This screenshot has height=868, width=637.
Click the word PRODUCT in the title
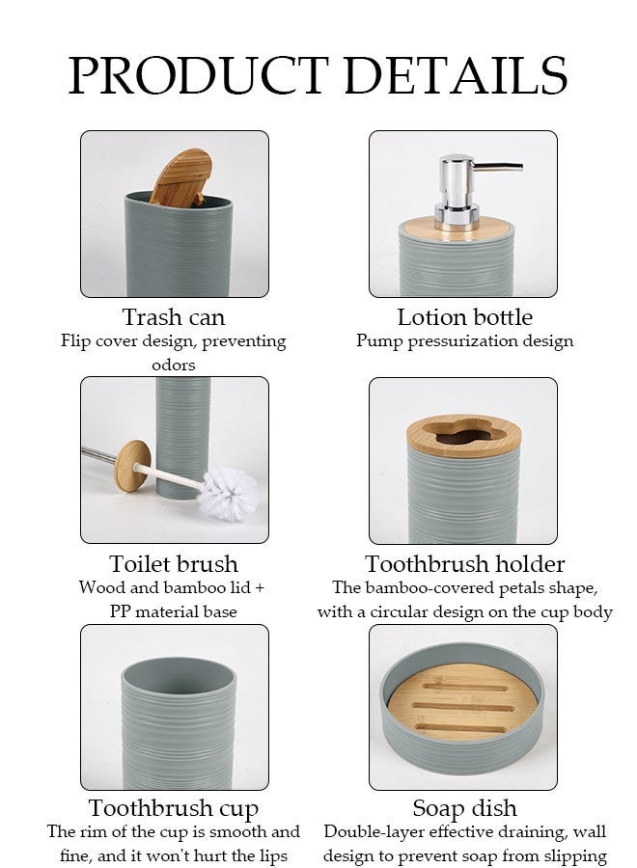[198, 75]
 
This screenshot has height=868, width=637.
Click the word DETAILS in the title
[456, 75]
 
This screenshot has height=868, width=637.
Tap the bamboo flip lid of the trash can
[180, 177]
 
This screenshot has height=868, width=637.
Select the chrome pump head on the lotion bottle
[471, 191]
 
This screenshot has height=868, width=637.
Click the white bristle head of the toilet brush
[228, 493]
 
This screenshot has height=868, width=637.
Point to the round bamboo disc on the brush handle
[133, 466]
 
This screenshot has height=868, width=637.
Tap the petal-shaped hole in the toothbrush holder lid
[463, 435]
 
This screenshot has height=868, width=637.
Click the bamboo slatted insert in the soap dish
[463, 701]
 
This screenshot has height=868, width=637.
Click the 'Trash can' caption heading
[174, 317]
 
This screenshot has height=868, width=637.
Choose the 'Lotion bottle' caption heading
[465, 317]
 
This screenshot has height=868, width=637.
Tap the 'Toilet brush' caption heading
[174, 564]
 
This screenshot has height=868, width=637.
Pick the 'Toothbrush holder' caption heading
[465, 564]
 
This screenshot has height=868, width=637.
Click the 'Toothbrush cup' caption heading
[174, 809]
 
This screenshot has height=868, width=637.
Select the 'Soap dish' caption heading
[465, 809]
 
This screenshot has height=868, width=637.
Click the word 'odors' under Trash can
[174, 366]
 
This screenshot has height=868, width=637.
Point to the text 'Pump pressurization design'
[465, 341]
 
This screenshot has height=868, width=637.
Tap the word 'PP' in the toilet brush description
[120, 611]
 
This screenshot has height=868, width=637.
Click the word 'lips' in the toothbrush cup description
[271, 855]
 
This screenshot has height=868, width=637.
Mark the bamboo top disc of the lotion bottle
[456, 227]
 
